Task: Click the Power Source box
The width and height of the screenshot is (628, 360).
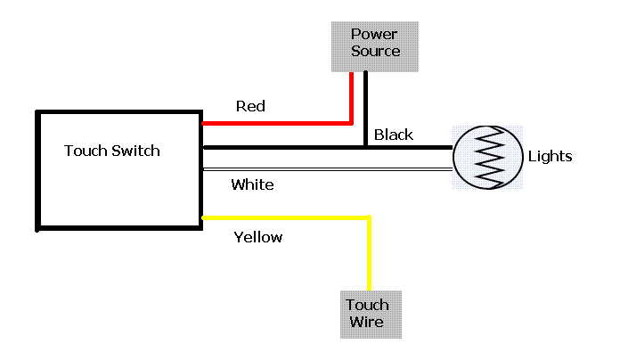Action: (x=374, y=45)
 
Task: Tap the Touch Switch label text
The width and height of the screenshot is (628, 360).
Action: (x=112, y=151)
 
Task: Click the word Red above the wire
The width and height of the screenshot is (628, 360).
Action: (x=250, y=107)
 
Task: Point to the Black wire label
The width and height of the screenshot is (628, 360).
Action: (x=394, y=135)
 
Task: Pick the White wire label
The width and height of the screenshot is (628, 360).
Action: (x=252, y=185)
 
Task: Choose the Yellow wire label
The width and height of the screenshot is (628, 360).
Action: (x=257, y=237)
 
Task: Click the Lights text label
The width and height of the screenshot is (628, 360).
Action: (x=550, y=157)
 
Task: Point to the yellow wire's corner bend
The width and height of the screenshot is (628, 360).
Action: (x=368, y=218)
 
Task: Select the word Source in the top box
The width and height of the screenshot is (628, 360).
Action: (x=375, y=52)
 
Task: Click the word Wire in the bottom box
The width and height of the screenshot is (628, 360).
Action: (x=366, y=322)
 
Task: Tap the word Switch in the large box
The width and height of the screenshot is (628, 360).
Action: (x=136, y=151)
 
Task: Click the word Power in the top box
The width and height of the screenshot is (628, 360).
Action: (x=374, y=35)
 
